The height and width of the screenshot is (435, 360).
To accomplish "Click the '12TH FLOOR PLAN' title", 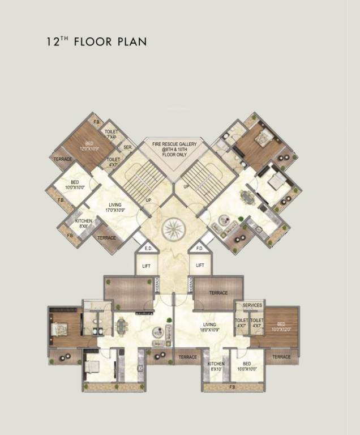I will coord(97,41).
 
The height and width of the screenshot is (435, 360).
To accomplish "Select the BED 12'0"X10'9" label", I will coord(89,147).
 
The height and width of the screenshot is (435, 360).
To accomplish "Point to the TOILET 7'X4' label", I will coord(112,134).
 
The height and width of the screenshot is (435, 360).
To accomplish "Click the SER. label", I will coord(127,147).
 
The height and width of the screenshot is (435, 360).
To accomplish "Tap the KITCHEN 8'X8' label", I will coord(84,223).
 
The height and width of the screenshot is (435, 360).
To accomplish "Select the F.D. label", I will coord(199,248).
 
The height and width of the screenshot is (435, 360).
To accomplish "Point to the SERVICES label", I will coord(252,306).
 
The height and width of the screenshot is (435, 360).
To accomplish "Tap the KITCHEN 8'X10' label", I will coord(216,366).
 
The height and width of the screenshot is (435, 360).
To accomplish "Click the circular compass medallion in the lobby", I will coord(172,230).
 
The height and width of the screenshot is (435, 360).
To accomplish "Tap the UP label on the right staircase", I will coord(186,186).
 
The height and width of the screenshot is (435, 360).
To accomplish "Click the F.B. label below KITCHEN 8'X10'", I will coord(233,387).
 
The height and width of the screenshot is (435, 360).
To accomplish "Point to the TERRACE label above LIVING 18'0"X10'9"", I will coord(218,293).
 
